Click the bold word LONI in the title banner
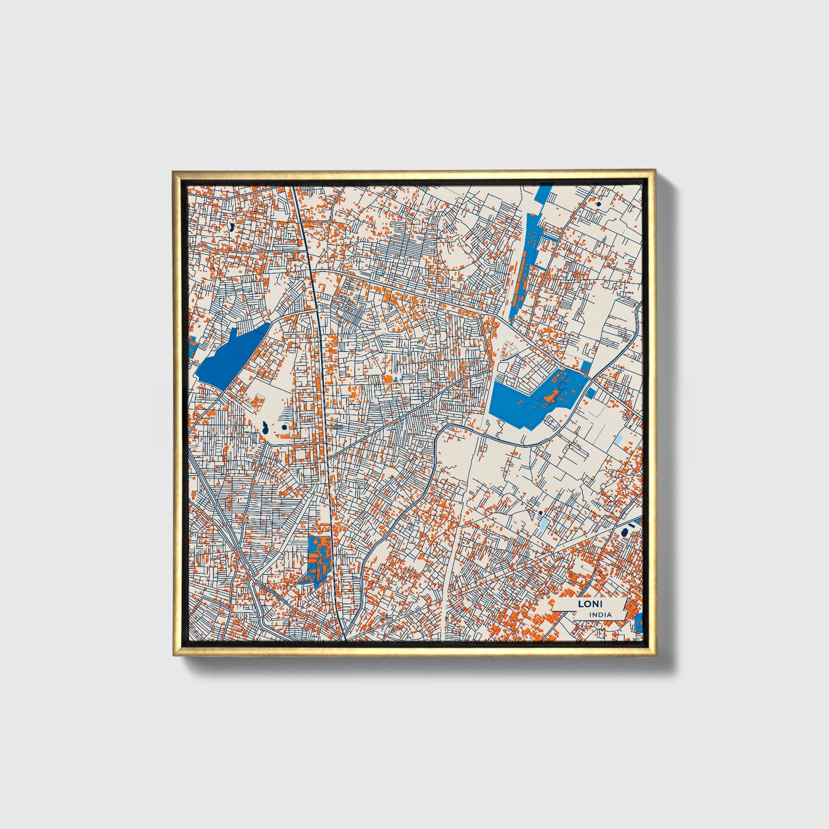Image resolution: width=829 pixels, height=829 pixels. (586, 604)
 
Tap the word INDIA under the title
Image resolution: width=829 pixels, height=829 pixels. (600, 614)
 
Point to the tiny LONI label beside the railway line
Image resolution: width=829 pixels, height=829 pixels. (337, 426)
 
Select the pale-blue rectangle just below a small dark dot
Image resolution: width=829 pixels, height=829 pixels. (543, 523)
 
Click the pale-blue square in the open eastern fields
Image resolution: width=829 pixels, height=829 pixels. (618, 440)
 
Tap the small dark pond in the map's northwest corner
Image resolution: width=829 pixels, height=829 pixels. (231, 228)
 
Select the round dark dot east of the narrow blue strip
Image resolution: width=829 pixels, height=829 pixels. (598, 203)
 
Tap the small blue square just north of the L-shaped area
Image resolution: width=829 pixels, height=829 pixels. (586, 366)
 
